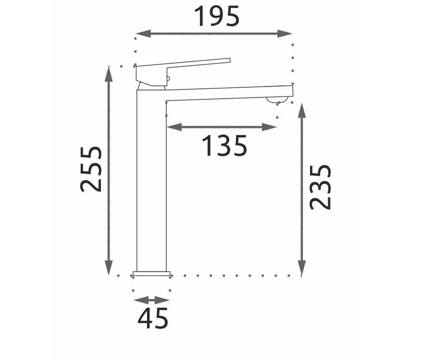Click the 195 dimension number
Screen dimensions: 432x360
(217, 16)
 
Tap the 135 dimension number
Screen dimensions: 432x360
(224, 145)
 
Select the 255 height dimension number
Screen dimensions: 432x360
(91, 169)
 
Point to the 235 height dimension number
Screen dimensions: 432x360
(320, 187)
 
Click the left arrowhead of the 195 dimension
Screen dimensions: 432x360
(143, 33)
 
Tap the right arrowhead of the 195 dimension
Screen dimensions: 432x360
(285, 33)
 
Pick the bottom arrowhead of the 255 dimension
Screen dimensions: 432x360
(109, 268)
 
